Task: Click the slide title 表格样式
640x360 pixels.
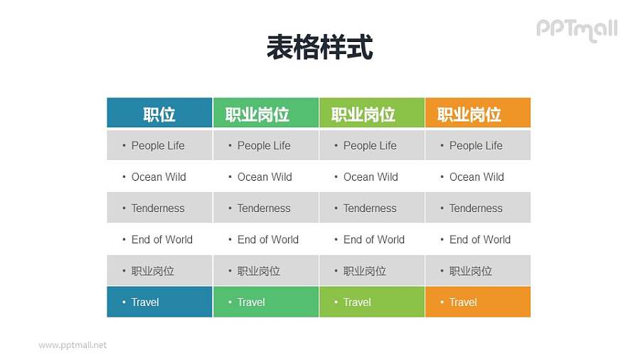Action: pos(319,48)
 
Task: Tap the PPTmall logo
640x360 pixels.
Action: pos(576,29)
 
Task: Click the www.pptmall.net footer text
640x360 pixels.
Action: pos(73,345)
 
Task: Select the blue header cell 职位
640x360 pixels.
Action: pos(159,114)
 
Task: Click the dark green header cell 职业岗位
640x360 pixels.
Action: pos(265,114)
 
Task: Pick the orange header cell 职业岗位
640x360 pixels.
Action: pos(477,114)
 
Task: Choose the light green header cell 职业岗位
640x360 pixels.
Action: pos(371,114)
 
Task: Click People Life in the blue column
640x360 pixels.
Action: pos(158,146)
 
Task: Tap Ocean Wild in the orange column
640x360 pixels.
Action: pos(476,177)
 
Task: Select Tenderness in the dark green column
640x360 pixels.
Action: pos(264,208)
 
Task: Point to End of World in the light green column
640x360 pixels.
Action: pos(374,240)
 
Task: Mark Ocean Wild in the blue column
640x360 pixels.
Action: pos(159,177)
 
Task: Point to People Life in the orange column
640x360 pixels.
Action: pos(476,146)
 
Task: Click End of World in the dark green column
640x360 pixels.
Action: pos(268,240)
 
